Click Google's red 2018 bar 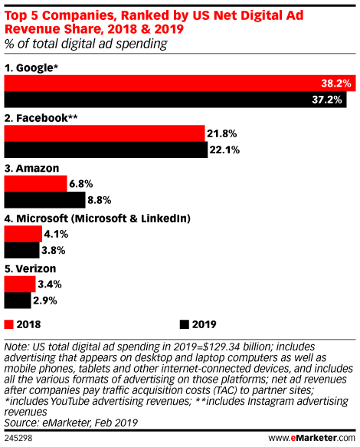[x=161, y=83]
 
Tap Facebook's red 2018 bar [x=104, y=133]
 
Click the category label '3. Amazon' [x=33, y=168]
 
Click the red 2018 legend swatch [x=8, y=323]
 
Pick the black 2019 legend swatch [x=184, y=323]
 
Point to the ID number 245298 [x=19, y=439]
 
